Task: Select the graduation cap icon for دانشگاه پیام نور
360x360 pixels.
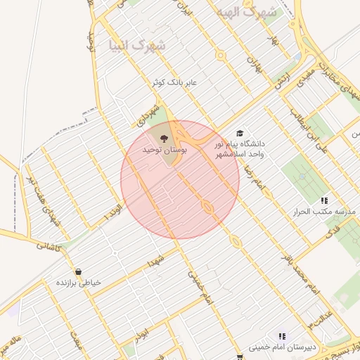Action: (240, 134)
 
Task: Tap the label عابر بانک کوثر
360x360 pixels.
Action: (176, 83)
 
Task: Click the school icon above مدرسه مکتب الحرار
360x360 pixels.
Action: (324, 200)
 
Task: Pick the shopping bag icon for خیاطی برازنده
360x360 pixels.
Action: (77, 271)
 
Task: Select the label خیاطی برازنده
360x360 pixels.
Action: (78, 282)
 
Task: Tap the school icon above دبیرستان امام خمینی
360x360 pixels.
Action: (282, 337)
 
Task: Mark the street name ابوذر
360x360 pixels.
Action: (143, 331)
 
